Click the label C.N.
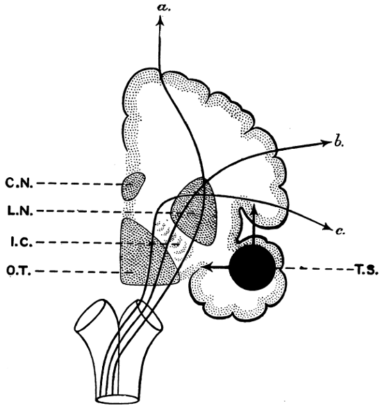[x=19, y=183]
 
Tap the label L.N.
[x=20, y=211]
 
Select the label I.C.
[x=22, y=243]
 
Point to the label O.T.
[x=19, y=271]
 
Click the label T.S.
[x=366, y=270]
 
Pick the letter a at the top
[x=164, y=7]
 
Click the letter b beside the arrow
[x=338, y=142]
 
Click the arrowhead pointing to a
[x=160, y=21]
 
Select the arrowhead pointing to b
[x=327, y=142]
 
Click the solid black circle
[x=252, y=267]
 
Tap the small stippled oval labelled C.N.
[x=133, y=186]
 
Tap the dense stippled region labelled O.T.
[x=146, y=258]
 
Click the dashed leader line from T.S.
[x=319, y=268]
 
